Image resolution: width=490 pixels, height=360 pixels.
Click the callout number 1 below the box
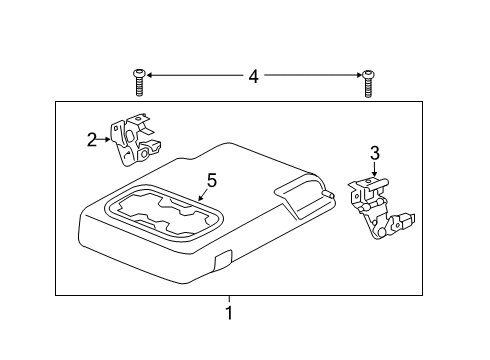pyautogui.click(x=229, y=313)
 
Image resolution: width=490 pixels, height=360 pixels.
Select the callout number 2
pyautogui.click(x=91, y=140)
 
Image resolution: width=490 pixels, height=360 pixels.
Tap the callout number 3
pyautogui.click(x=375, y=153)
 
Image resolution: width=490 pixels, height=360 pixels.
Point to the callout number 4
pyautogui.click(x=253, y=76)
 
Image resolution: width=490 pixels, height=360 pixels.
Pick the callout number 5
pyautogui.click(x=211, y=181)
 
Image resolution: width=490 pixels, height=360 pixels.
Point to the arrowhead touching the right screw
pyautogui.click(x=357, y=75)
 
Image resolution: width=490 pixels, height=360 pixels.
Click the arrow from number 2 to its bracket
pyautogui.click(x=105, y=140)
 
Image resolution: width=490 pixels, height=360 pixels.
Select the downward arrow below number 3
pyautogui.click(x=375, y=171)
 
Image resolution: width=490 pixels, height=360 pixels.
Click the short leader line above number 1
pyautogui.click(x=229, y=299)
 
